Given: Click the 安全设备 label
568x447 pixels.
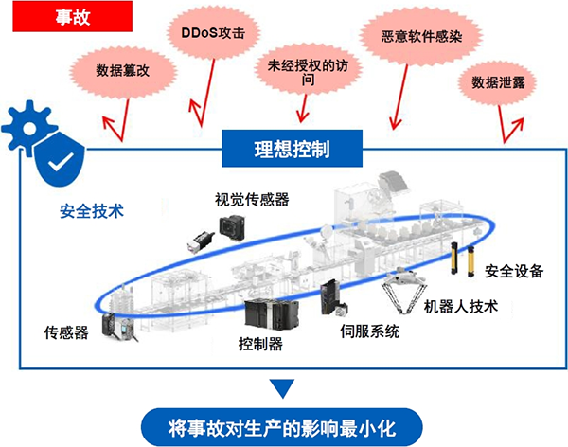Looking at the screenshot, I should click(514, 272).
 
